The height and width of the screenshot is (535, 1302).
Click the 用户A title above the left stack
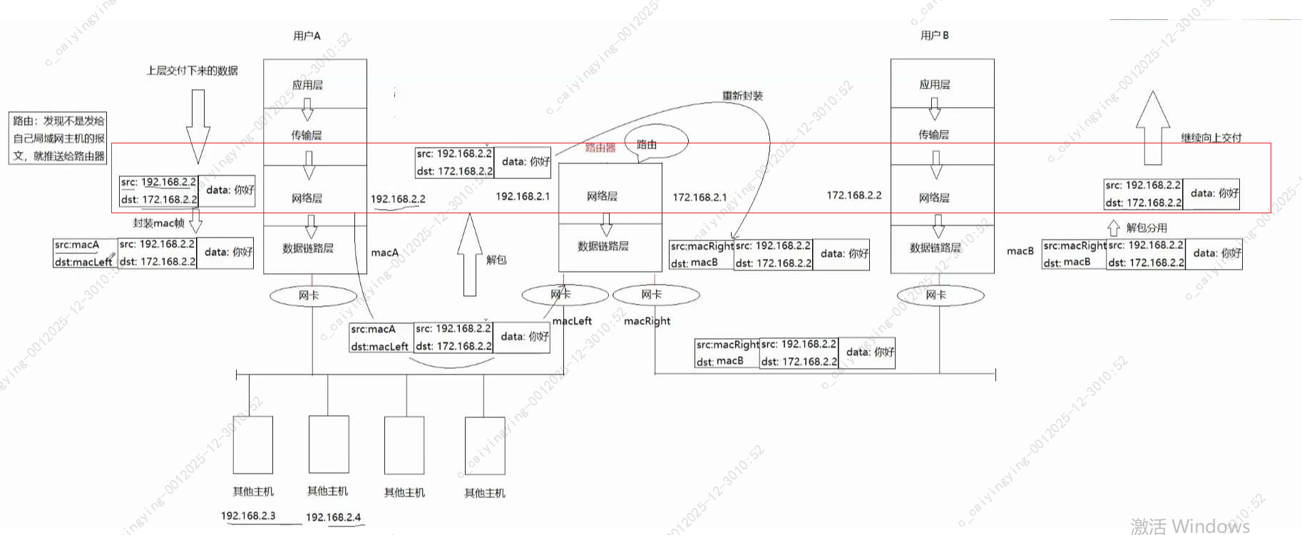pos(307,36)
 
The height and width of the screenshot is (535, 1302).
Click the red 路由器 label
pos(600,148)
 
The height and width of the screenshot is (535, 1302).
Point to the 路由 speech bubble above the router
pos(655,143)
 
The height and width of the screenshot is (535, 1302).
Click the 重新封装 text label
pos(742,96)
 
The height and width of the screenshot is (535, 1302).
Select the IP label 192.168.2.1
pos(523,196)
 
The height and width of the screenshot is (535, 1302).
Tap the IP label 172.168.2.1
pos(699,197)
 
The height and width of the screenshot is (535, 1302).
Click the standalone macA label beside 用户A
pos(385,253)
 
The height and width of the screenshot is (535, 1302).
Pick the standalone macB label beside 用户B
pos(1020,251)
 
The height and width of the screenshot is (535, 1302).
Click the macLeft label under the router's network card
pos(572,321)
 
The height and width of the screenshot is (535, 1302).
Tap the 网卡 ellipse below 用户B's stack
pos(940,295)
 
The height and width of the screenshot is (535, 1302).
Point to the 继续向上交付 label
pos(1211,138)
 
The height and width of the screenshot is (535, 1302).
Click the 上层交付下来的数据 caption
pos(192,71)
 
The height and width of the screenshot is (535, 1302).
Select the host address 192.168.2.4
pos(333,517)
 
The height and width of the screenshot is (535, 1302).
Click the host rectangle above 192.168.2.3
pos(253,444)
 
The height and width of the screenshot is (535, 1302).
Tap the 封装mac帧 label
pos(158,223)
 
